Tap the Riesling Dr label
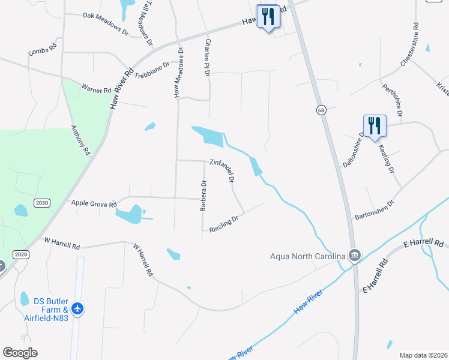point(224,223)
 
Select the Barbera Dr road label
point(203,196)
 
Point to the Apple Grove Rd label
point(94,204)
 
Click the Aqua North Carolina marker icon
point(355,256)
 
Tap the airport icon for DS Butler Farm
point(77,308)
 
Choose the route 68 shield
point(322,110)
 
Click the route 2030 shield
point(41,203)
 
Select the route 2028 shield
point(20,255)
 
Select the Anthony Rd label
point(80,140)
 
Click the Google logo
point(20,353)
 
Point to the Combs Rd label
point(43,50)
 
